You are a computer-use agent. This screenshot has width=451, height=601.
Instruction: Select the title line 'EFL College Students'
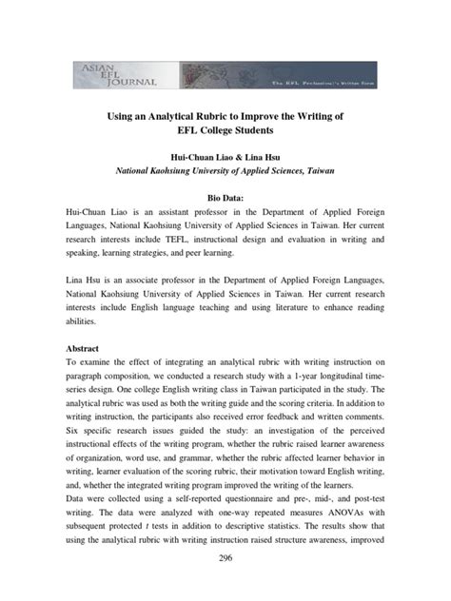click(225, 130)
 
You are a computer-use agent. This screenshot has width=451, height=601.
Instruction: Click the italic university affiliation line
click(225, 172)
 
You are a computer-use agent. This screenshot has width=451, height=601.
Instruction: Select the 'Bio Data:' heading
click(225, 194)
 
